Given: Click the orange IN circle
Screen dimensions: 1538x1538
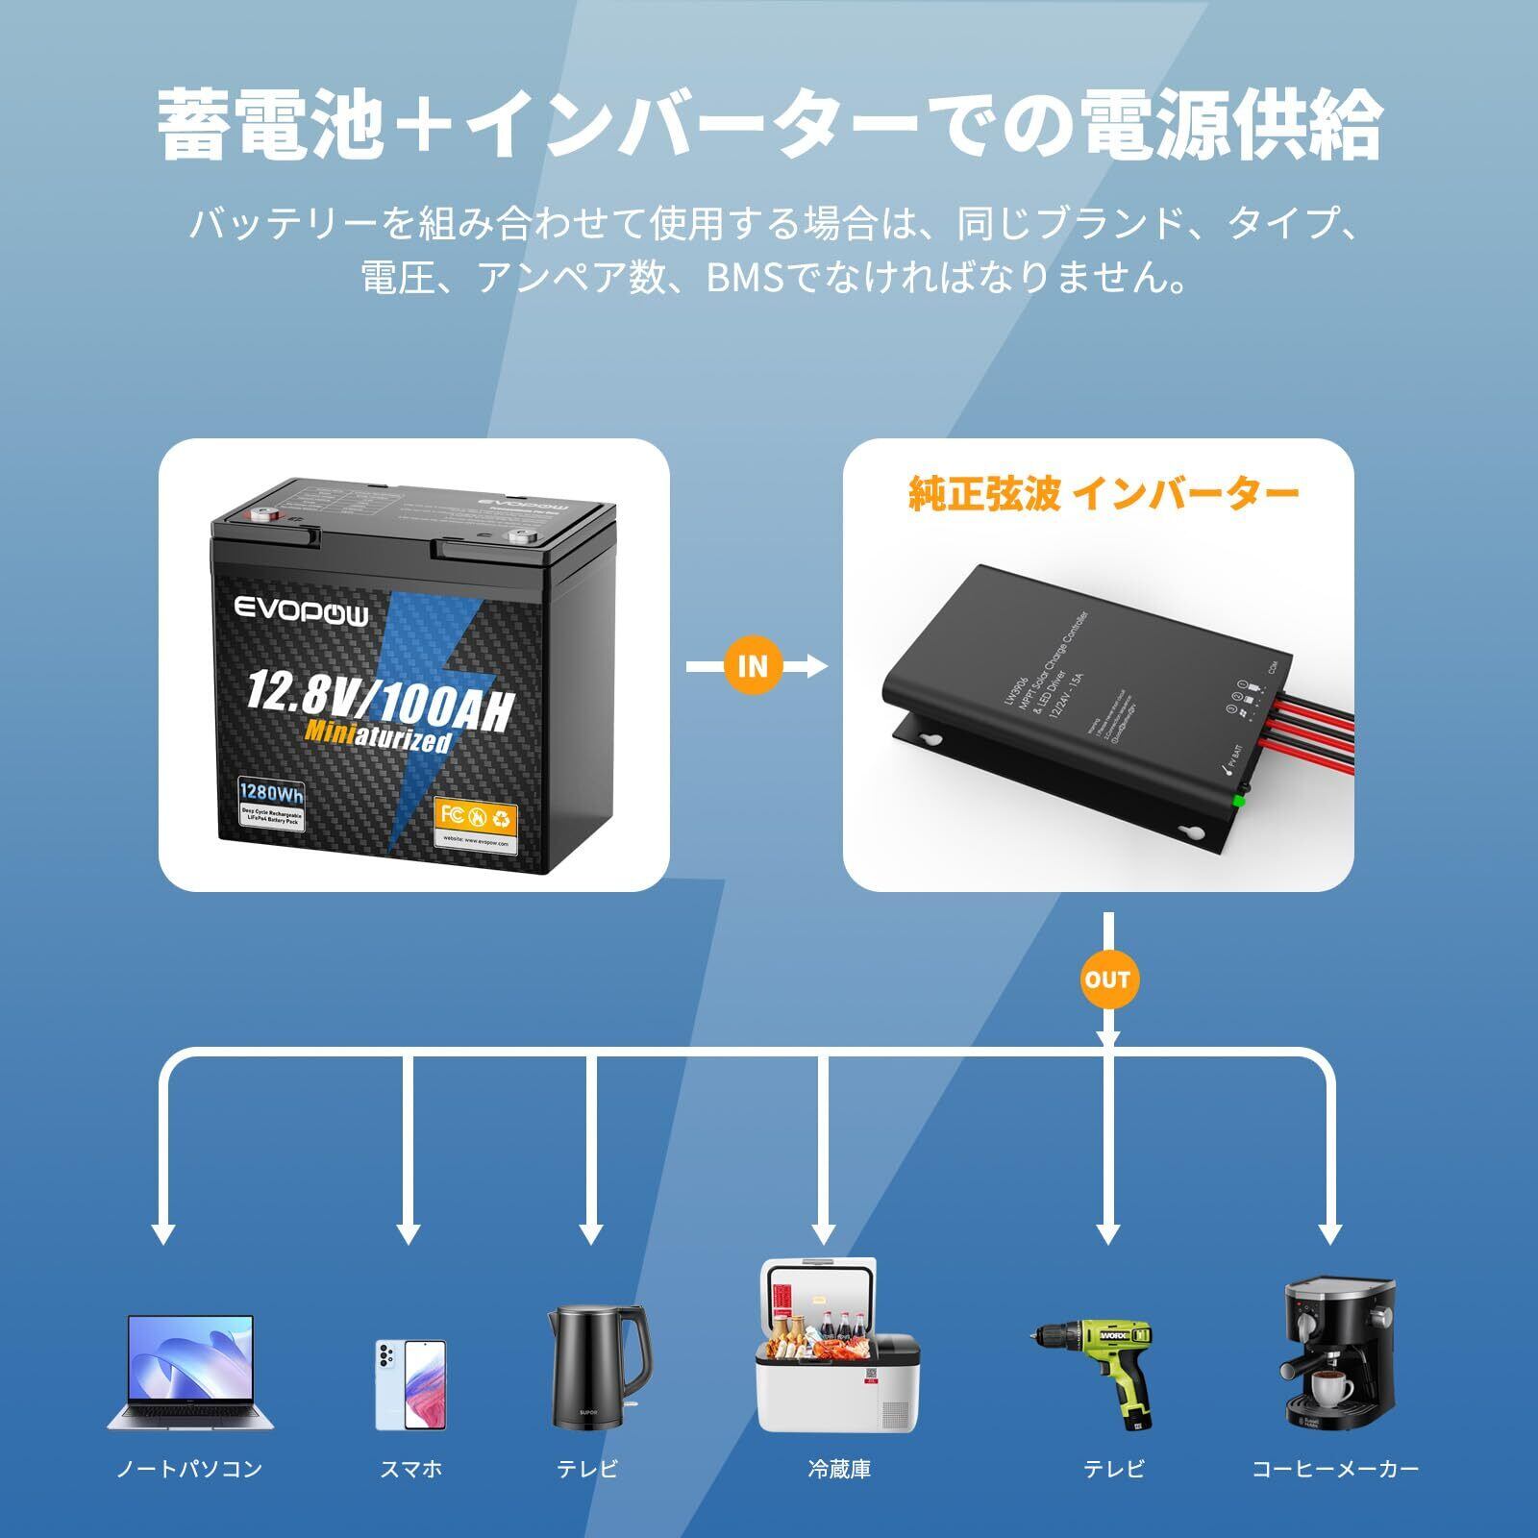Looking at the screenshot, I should click(x=753, y=665).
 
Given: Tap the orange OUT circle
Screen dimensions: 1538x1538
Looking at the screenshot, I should click(x=1107, y=980).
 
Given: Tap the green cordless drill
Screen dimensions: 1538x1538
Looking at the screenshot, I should click(x=1095, y=1365).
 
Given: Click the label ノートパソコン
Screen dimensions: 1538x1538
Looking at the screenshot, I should click(x=189, y=1469).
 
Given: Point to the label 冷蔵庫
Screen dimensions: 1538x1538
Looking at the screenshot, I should click(x=839, y=1469).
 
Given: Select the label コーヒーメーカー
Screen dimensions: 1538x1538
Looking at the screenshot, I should click(x=1335, y=1469).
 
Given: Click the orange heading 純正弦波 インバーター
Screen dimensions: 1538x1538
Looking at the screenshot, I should click(x=1104, y=493).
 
